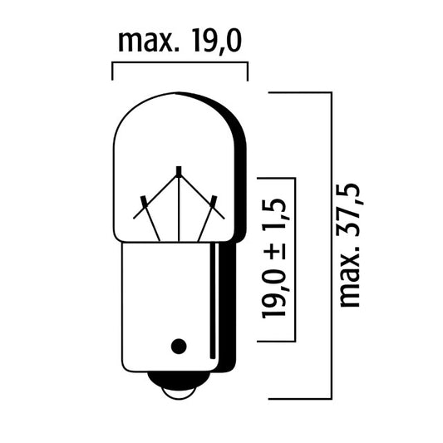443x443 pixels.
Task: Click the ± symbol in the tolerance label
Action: tap(279, 248)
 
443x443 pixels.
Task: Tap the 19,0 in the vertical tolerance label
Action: tap(279, 291)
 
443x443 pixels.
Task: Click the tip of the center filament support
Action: tap(179, 171)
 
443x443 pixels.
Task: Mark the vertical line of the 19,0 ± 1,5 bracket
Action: tap(295, 261)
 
